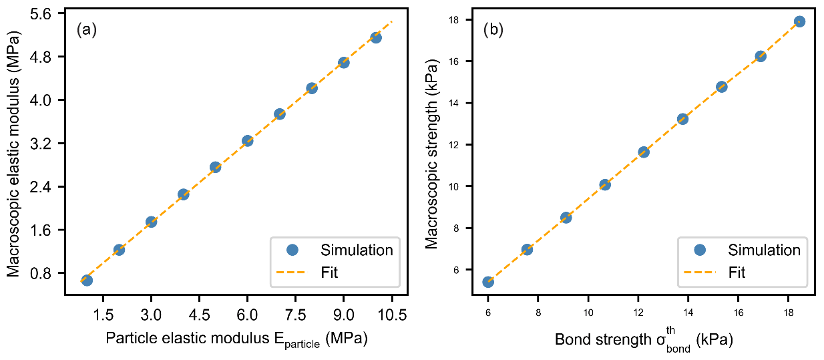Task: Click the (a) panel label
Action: (87, 30)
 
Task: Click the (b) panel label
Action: (493, 30)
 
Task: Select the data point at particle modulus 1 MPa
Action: (87, 280)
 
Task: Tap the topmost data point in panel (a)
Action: (375, 37)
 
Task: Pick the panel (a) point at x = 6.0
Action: (247, 140)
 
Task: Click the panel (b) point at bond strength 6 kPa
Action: (488, 282)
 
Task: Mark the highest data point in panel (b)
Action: (799, 21)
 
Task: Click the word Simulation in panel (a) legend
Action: (357, 250)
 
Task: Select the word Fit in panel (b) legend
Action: (737, 272)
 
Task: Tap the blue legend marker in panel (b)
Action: (699, 250)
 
